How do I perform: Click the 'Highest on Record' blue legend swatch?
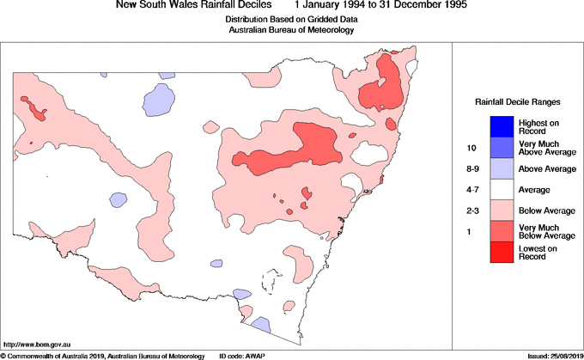pos(502,126)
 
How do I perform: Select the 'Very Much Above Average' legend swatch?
pos(502,147)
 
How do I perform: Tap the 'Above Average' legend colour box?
pos(502,168)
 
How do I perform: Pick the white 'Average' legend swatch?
pos(502,189)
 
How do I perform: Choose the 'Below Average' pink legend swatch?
pos(502,210)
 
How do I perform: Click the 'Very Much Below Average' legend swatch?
pos(502,230)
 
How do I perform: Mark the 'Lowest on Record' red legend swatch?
pos(502,251)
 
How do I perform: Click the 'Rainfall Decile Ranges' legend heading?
pos(518,102)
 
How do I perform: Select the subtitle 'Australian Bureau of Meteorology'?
pos(291,30)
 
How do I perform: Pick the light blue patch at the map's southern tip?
pos(260,326)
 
